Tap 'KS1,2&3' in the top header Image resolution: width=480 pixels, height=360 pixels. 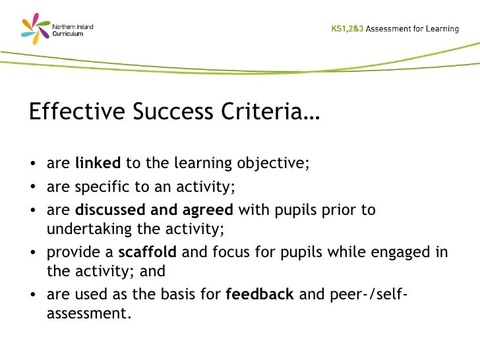pyautogui.click(x=347, y=29)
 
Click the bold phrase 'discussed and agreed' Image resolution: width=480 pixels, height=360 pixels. pyautogui.click(x=154, y=210)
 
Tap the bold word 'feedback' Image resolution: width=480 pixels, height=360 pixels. pyautogui.click(x=259, y=294)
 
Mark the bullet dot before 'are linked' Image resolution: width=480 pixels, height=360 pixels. pyautogui.click(x=33, y=165)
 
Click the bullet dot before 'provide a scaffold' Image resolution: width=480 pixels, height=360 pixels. pyautogui.click(x=33, y=253)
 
